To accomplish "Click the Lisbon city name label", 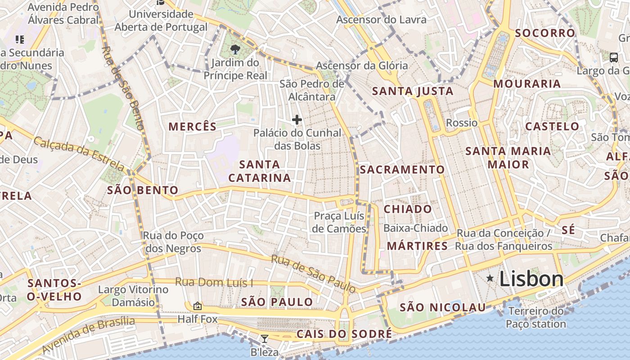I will click(x=531, y=279).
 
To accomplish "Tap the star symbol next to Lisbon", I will click(x=490, y=279).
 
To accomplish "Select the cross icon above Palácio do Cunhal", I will click(x=297, y=120).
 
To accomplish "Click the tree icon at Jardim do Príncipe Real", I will click(x=235, y=49).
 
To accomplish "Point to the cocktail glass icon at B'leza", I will click(x=265, y=339).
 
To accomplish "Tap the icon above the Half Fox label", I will click(x=197, y=306).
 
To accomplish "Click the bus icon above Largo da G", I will click(x=613, y=57).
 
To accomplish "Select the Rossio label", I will click(x=462, y=123).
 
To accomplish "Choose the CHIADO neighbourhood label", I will click(x=408, y=209).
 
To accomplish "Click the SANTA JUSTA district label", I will click(x=413, y=91).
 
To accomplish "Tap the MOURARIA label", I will click(x=527, y=84).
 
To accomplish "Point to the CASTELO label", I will click(x=552, y=126).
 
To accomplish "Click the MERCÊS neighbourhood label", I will click(x=193, y=126).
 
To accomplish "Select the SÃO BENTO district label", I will click(x=143, y=190).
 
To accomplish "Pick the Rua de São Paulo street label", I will click(x=313, y=273).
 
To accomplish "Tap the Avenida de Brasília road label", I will click(x=89, y=335).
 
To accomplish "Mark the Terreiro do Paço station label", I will click(x=535, y=317).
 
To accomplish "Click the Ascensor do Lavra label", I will click(x=381, y=20).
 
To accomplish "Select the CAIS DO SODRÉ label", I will click(x=344, y=334).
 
